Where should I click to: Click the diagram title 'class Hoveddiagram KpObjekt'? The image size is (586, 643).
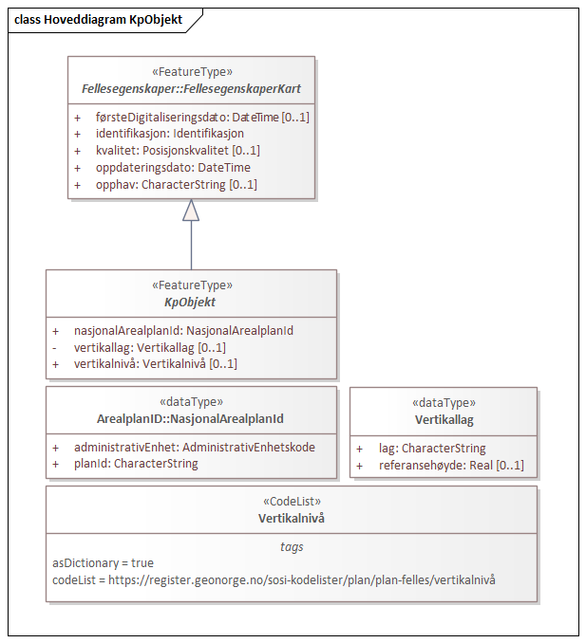(100, 20)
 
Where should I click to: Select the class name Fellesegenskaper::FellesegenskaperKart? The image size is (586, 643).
(191, 89)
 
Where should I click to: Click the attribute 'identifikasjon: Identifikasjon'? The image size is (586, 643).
(169, 134)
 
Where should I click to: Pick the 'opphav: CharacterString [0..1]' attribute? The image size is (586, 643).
(176, 184)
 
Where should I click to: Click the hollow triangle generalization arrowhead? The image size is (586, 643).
(191, 211)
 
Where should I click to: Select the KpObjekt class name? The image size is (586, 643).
(191, 302)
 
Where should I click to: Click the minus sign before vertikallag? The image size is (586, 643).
(55, 347)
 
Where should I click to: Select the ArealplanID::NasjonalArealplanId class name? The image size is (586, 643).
(191, 418)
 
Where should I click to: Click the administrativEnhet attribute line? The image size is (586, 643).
(195, 448)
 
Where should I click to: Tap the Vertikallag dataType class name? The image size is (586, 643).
(444, 418)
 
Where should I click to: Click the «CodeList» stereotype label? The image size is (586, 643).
(291, 502)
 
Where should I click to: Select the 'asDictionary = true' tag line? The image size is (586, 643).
(103, 563)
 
